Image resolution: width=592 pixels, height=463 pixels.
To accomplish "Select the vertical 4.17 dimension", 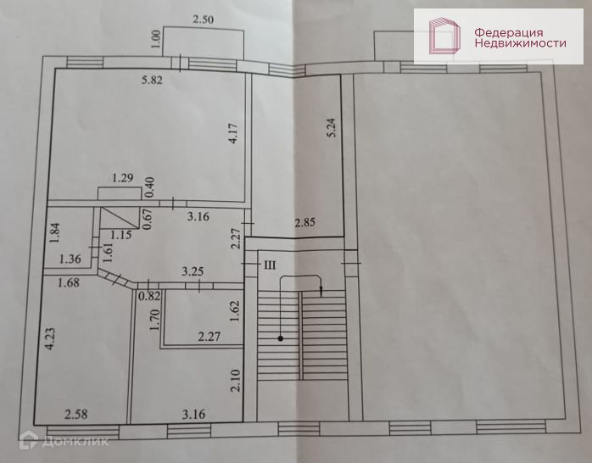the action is point(233,137).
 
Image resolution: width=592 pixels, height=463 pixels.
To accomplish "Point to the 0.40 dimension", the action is point(149,181).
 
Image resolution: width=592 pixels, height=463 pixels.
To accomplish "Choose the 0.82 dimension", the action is point(149,295).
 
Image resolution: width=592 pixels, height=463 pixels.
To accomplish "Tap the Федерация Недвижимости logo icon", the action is point(443,36).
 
